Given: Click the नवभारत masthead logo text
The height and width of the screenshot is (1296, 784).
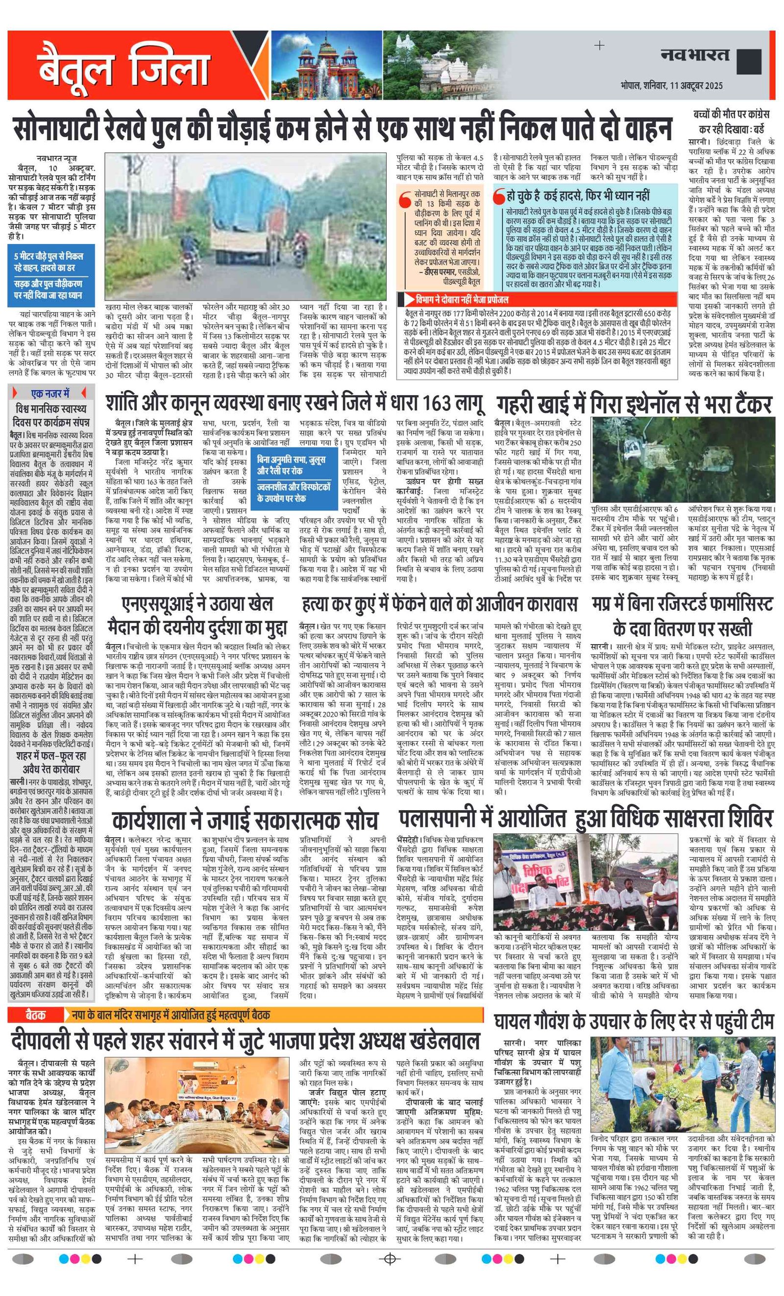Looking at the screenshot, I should (695, 54).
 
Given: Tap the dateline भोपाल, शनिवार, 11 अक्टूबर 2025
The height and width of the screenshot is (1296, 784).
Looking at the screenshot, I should (671, 85).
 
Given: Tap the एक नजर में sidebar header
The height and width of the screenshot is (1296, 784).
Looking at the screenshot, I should (50, 393).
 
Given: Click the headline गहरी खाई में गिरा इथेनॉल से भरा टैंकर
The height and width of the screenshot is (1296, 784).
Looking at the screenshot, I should (634, 404).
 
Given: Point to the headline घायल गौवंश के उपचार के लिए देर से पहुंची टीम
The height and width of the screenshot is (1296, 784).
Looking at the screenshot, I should (634, 1022).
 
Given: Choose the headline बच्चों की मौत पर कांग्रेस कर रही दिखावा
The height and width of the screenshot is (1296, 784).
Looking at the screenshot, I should (731, 122).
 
